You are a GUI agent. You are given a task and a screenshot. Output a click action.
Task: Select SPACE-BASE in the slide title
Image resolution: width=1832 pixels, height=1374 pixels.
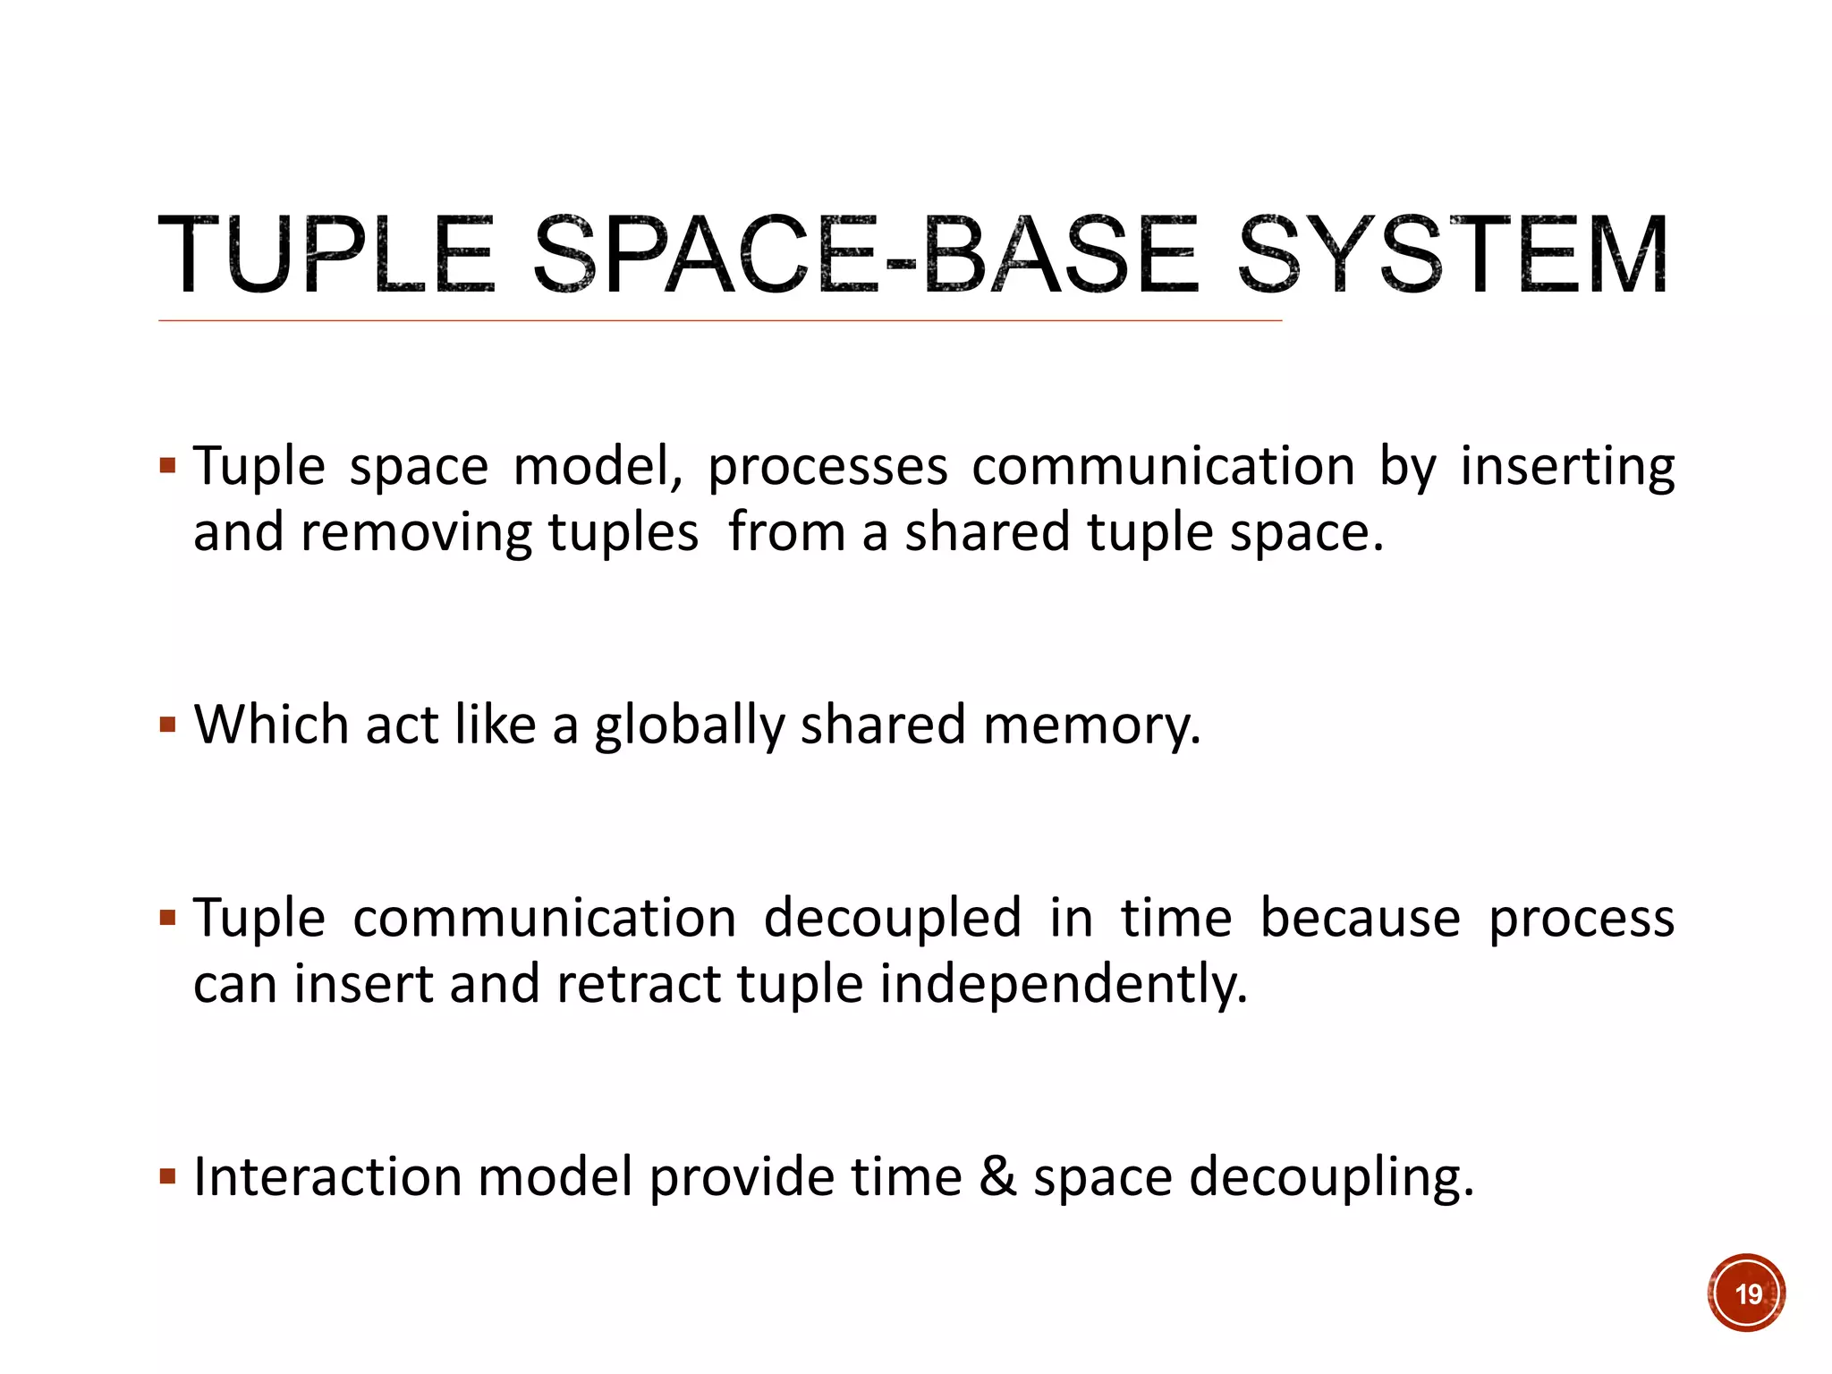[x=864, y=256]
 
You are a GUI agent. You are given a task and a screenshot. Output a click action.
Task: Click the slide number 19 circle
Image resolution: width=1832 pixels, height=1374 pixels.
[x=1746, y=1293]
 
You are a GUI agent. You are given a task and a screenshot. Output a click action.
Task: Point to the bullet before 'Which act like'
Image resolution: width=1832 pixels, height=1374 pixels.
[x=167, y=724]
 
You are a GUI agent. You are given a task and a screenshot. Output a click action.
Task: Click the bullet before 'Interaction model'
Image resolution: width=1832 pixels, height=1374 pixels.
[x=167, y=1175]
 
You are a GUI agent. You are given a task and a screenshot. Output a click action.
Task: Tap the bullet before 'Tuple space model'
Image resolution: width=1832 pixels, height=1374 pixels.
[x=167, y=465]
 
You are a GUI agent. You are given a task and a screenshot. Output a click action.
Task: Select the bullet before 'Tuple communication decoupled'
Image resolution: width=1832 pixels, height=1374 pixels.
[x=167, y=918]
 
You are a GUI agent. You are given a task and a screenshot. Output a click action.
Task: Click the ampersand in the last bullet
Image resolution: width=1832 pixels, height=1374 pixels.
[x=997, y=1176]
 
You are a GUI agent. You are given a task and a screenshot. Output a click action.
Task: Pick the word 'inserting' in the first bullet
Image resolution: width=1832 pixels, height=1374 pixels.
[x=1567, y=467]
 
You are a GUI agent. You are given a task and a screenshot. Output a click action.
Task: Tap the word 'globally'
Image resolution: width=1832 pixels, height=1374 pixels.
[x=689, y=725]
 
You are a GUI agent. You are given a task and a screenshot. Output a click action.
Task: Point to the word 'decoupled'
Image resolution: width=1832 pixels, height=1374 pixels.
[x=892, y=918]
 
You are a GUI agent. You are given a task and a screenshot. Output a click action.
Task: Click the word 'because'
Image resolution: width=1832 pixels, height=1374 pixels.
[x=1360, y=918]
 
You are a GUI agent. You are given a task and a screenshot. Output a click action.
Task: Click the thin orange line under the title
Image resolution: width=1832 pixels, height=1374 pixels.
[x=720, y=319]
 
